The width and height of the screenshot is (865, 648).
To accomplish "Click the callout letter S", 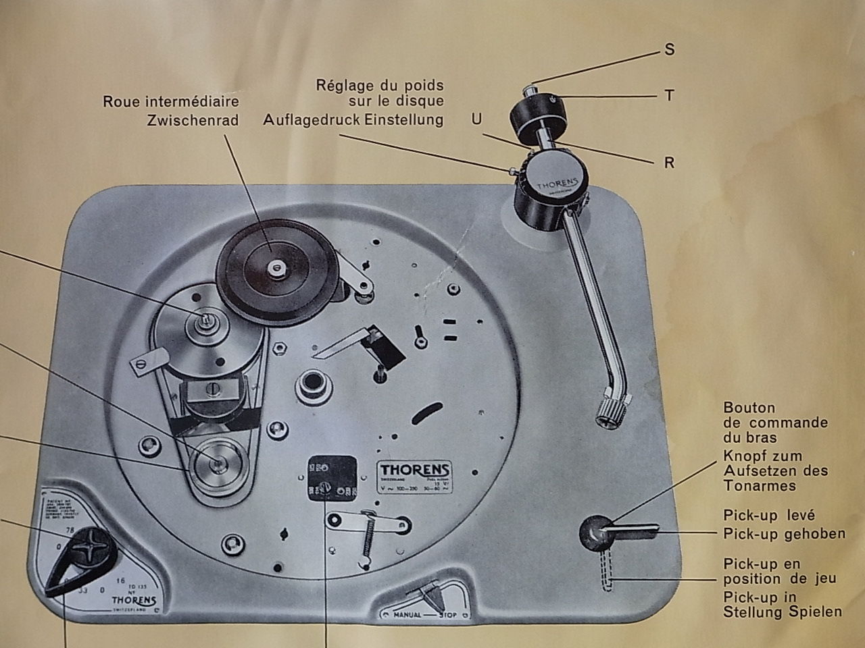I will (x=670, y=50).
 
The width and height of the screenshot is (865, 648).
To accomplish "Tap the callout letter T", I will (x=669, y=96).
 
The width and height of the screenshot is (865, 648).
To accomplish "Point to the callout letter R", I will (x=669, y=163).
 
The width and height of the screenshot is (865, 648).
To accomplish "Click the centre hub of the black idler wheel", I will (x=275, y=268).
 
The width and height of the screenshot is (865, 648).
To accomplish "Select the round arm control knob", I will (x=593, y=531).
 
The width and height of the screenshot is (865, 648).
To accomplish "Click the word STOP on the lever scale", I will (x=449, y=615).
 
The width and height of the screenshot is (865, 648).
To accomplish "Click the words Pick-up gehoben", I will (x=784, y=533).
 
